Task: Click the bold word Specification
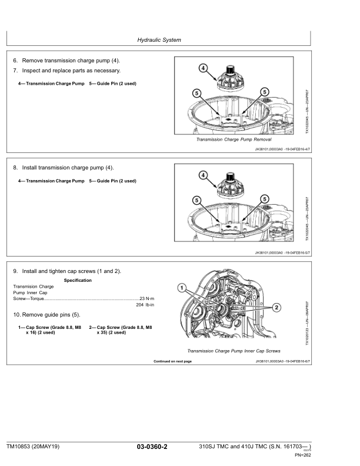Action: (77, 281)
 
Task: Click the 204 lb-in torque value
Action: (145, 305)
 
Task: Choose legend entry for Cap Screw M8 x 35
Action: (120, 329)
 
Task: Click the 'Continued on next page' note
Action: (172, 361)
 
